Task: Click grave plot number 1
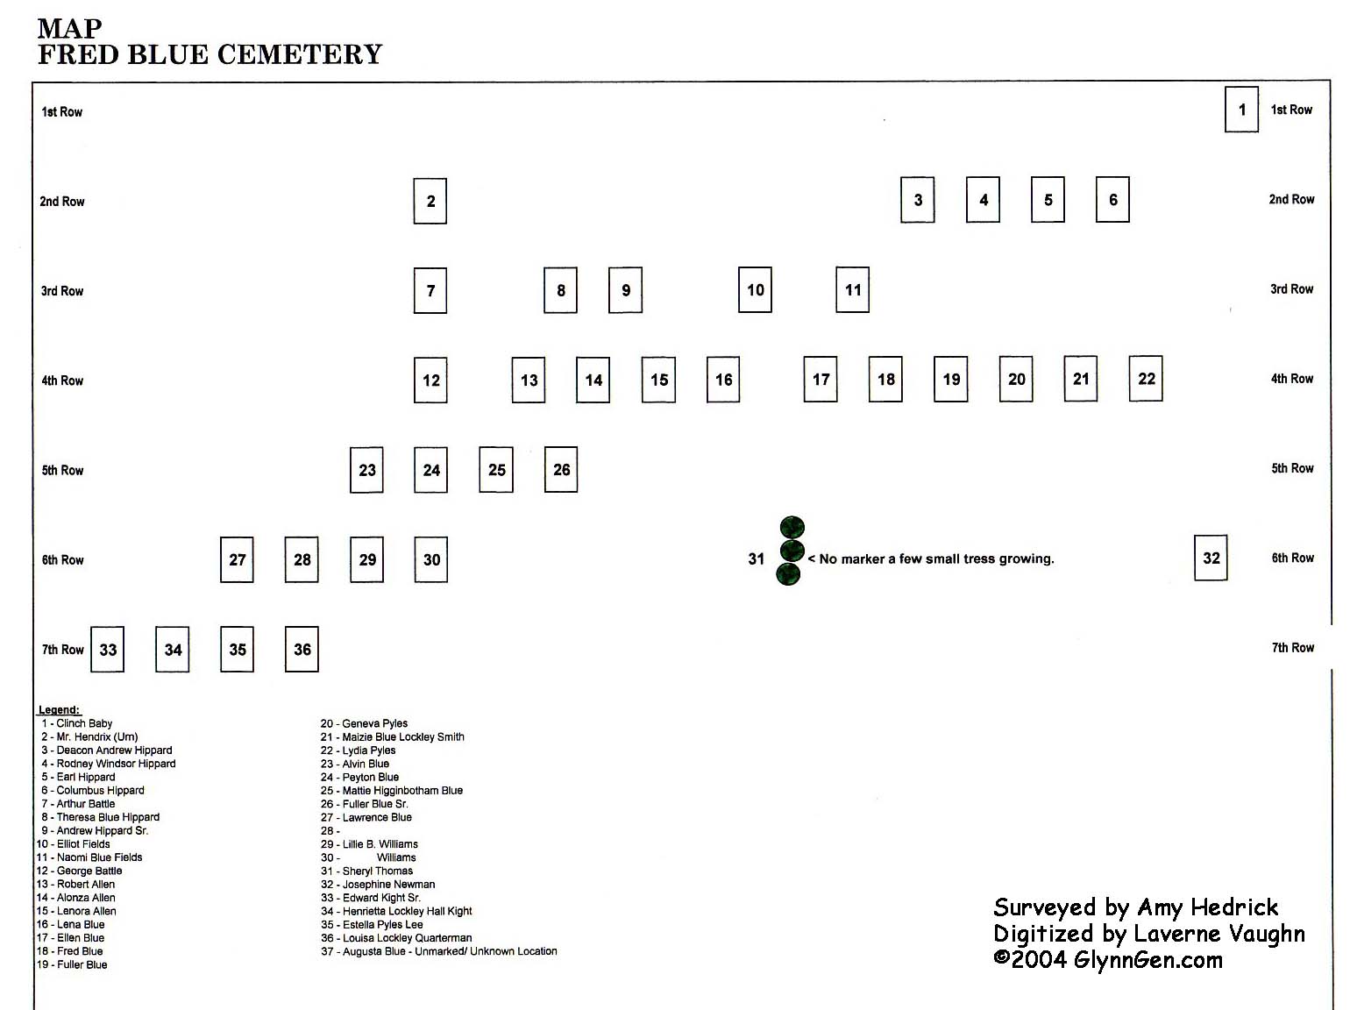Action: coord(1241,110)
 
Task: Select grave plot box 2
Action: coord(430,201)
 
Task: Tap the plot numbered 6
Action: coord(1112,199)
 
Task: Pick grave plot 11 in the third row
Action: coord(852,289)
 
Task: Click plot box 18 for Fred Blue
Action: coord(885,379)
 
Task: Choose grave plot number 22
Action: coord(1146,378)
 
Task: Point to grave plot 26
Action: coord(561,469)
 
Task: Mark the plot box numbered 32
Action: coord(1211,558)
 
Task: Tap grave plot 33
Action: coord(108,650)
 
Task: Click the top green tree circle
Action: coord(792,527)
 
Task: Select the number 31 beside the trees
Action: coord(756,558)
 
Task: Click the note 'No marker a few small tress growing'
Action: coord(931,558)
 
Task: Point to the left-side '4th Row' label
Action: coord(62,381)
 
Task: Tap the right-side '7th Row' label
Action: coord(1293,648)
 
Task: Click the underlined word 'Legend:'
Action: coord(59,710)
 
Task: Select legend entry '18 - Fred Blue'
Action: coord(69,951)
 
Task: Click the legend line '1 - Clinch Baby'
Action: coord(77,723)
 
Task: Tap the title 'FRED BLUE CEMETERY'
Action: coord(210,54)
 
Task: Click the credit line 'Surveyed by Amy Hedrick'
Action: coord(1136,908)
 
